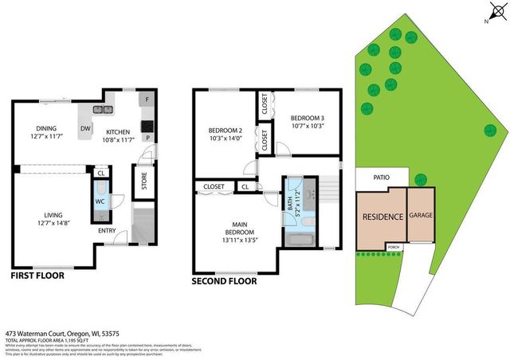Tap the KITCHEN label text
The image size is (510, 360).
[117, 132]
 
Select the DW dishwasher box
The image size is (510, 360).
[84, 128]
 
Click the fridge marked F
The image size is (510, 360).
[147, 101]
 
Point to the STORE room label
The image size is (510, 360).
[144, 182]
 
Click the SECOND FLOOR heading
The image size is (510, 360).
[225, 280]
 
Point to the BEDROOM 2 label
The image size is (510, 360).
[225, 131]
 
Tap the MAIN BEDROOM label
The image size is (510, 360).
[237, 227]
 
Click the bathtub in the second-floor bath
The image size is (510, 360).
[301, 240]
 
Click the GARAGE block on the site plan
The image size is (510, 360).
[421, 215]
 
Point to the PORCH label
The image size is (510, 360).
[394, 246]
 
